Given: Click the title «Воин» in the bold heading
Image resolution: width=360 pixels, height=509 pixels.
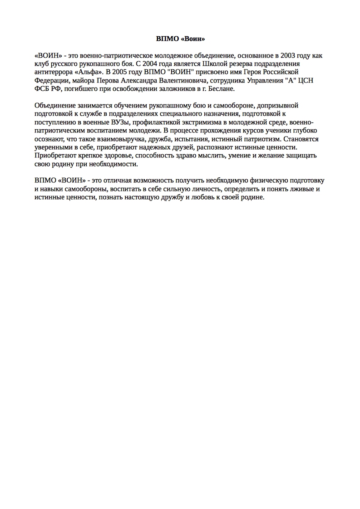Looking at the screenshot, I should coord(192,39).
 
